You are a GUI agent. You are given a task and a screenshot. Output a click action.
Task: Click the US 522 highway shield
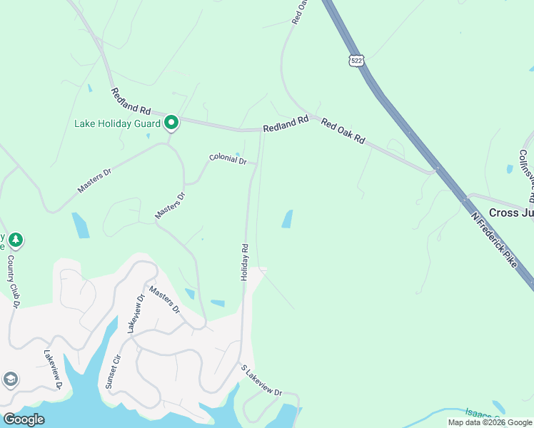(356, 61)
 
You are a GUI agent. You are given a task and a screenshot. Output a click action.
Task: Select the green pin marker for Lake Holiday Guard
(171, 123)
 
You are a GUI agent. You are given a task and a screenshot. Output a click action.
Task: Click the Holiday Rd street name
(244, 262)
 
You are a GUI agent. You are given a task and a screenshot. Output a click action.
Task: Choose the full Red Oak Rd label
(343, 132)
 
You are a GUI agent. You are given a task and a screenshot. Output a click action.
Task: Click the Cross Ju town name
(511, 213)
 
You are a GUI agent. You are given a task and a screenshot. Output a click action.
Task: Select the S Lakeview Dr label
(261, 382)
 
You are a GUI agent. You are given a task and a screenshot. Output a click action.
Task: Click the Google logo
(24, 419)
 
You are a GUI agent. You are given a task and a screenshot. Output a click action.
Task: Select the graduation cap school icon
(11, 379)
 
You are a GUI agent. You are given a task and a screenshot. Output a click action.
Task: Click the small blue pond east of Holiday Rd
(287, 219)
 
